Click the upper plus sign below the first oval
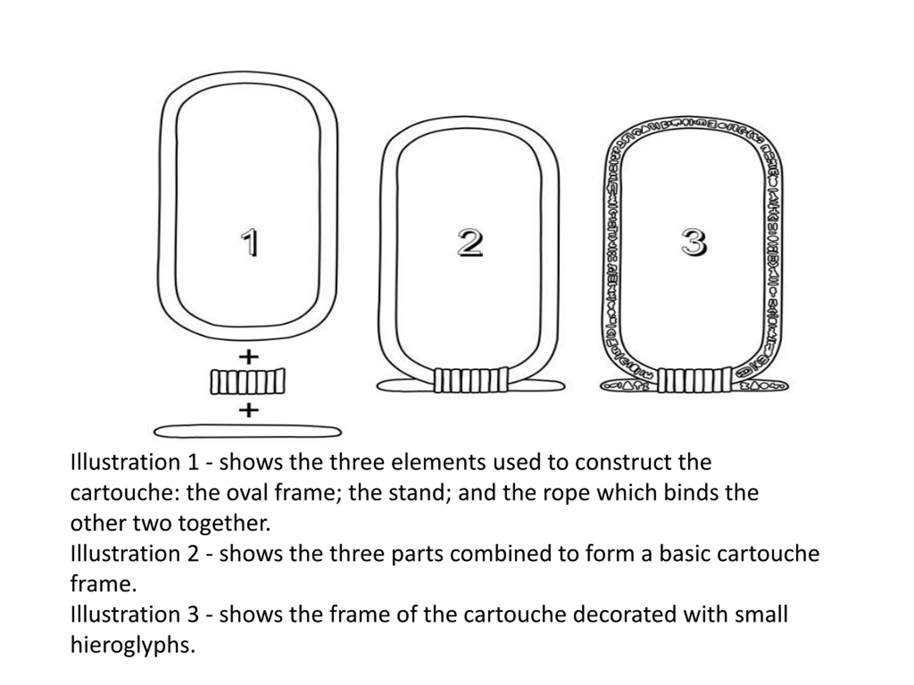[249, 357]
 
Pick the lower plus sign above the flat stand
[249, 410]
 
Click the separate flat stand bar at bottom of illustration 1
[247, 432]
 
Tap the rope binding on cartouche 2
[471, 380]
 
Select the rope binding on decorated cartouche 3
[694, 380]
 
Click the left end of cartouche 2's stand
[377, 386]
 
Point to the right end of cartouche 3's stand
[788, 386]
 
